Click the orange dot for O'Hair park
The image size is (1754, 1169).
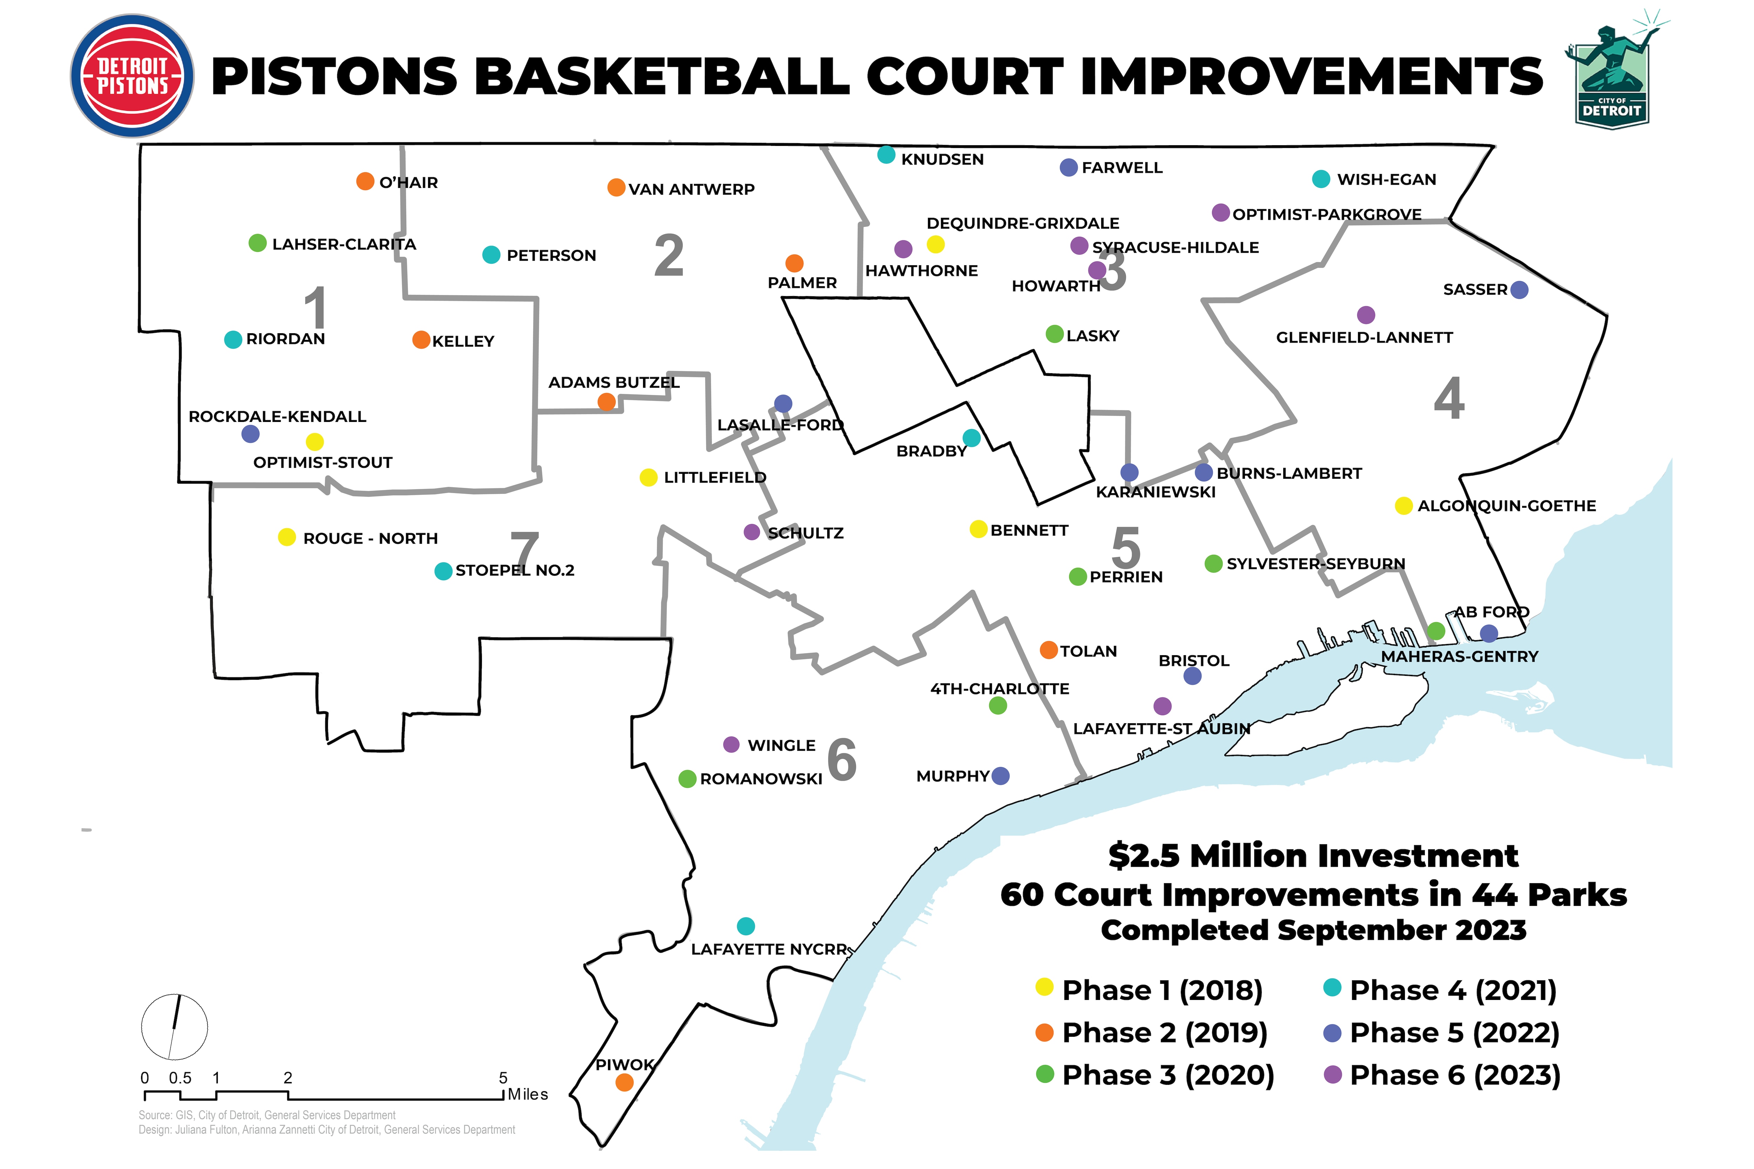[x=365, y=181]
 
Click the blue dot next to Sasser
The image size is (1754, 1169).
[x=1519, y=290]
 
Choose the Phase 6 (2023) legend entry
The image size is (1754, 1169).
[x=1454, y=1075]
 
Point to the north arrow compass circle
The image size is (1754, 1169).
[x=174, y=1027]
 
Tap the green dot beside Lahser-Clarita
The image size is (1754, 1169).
[x=257, y=243]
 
